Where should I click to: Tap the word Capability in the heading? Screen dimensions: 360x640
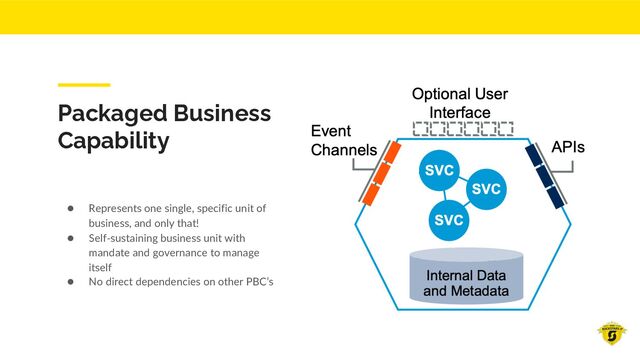tap(113, 140)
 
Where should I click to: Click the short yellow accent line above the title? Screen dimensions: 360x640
tap(83, 85)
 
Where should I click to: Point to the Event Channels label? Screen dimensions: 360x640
tap(343, 141)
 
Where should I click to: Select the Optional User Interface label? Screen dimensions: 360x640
tap(460, 102)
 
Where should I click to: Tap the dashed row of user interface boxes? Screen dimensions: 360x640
tap(463, 128)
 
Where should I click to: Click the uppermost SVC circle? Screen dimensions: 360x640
tap(439, 171)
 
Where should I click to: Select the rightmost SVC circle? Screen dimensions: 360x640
tap(485, 188)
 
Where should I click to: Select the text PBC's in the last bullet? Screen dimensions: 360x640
tap(256, 281)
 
